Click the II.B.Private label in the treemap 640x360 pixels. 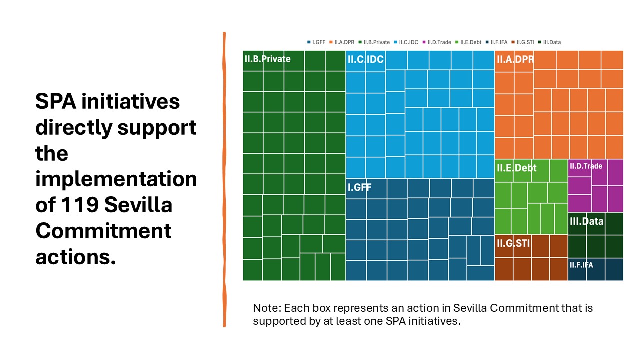tap(267, 59)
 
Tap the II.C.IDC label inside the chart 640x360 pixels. tap(365, 60)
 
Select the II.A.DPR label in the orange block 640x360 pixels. tap(515, 60)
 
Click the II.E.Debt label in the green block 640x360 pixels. tap(516, 168)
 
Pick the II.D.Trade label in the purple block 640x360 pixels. tap(586, 166)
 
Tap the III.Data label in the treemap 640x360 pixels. tap(586, 221)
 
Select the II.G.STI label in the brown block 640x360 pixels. tap(513, 244)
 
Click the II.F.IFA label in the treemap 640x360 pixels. tap(581, 265)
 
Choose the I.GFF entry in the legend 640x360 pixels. tap(318, 42)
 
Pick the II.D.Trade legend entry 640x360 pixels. tap(439, 42)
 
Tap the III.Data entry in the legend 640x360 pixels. tap(551, 42)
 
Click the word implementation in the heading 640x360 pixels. tap(116, 179)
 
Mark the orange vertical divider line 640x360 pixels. tap(224, 180)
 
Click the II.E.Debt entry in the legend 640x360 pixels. tap(469, 42)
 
